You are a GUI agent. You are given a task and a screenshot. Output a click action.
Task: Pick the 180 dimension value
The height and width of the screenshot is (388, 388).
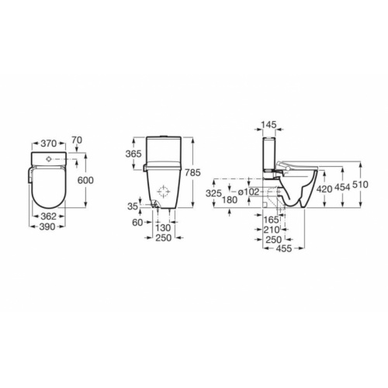pos(229,200)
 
